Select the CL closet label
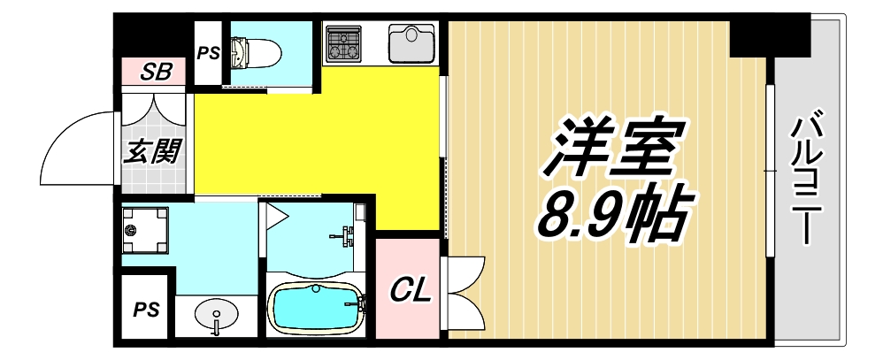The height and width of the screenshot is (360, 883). [x=409, y=288]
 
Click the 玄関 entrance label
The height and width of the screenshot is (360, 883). [x=152, y=151]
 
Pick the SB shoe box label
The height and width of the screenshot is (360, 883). [x=158, y=72]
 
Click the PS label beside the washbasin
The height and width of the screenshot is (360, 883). [x=145, y=310]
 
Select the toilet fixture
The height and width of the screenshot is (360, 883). [x=253, y=51]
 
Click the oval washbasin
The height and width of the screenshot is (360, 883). [x=215, y=314]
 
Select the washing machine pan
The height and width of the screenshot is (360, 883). [x=144, y=230]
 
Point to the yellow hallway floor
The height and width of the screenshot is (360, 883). [x=319, y=142]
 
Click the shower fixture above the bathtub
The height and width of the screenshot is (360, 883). [x=345, y=234]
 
